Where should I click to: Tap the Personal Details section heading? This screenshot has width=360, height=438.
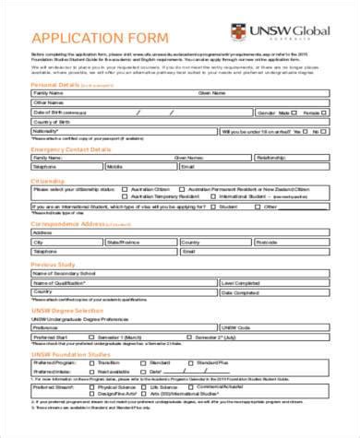(x=55, y=84)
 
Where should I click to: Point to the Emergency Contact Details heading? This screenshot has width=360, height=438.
(x=73, y=148)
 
